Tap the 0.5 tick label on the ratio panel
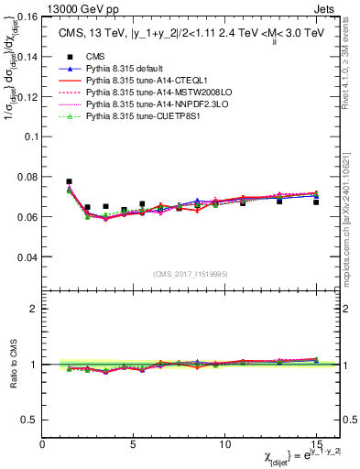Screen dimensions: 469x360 tap(30, 420)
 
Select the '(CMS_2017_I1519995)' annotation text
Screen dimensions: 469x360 tap(190, 274)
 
